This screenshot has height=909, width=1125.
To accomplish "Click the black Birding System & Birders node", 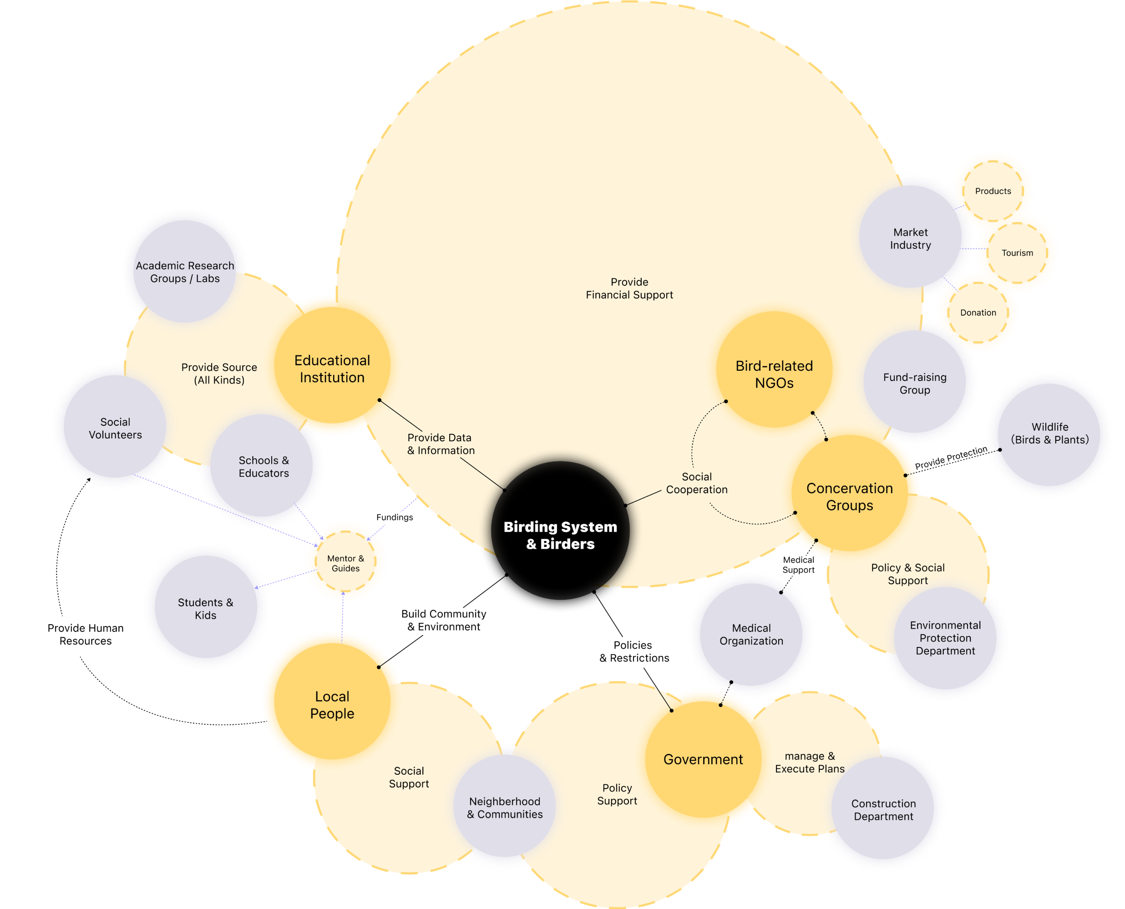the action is click(x=560, y=535).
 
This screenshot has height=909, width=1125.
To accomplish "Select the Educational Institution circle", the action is click(x=332, y=369).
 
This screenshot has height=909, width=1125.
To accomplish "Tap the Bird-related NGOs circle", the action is click(x=774, y=374).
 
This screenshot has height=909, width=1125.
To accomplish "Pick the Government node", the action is click(x=703, y=759).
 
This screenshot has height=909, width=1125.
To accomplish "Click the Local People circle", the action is click(x=332, y=705).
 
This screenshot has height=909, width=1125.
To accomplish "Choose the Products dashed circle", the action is click(x=993, y=191).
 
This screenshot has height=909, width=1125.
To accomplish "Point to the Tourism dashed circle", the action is click(x=1017, y=253).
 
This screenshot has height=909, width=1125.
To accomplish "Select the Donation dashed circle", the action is click(x=978, y=313).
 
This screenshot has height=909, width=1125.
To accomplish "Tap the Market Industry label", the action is click(x=910, y=239).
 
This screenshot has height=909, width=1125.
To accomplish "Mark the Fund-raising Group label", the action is click(x=914, y=383).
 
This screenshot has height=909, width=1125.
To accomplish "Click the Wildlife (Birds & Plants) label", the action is click(x=1049, y=433).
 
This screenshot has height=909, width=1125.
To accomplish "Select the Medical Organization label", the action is click(x=751, y=634).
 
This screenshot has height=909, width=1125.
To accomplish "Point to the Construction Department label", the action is click(x=883, y=809).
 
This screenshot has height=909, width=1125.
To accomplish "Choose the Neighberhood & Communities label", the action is click(x=504, y=808).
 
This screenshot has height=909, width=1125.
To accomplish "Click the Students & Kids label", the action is click(x=205, y=608).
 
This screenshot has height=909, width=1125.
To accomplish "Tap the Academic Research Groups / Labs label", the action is click(x=185, y=272).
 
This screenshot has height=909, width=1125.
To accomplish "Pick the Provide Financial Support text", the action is click(x=629, y=288).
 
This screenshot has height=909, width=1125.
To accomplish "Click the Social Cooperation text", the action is click(x=697, y=483).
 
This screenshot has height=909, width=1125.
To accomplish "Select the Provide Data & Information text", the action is click(x=441, y=444).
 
